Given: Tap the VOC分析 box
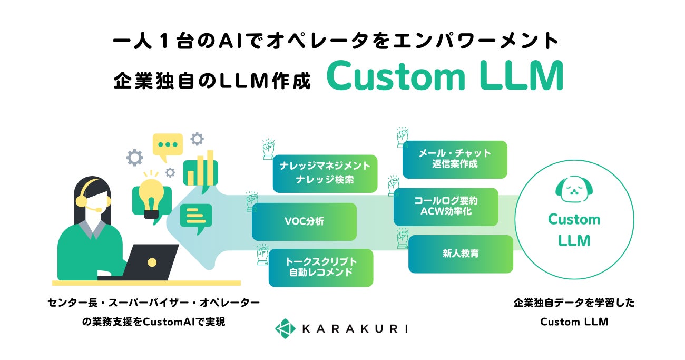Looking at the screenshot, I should tap(304, 221).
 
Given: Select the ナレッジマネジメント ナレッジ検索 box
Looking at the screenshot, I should tap(325, 173).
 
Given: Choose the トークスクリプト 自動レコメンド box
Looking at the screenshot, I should tap(320, 267).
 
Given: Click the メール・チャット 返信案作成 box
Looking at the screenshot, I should tap(455, 159).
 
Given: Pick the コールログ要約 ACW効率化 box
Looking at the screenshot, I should tap(445, 206).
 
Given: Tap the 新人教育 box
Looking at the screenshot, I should tap(461, 254).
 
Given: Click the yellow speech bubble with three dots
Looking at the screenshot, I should tap(168, 145).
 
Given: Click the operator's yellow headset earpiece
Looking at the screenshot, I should tap(82, 201).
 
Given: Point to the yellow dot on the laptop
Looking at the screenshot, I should tap(152, 261).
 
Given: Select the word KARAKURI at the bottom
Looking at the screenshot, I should tap(355, 329).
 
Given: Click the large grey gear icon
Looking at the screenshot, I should tap(135, 157).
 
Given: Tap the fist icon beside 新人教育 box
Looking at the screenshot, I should tap(402, 240).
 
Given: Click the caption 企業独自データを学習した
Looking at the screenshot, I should tap(574, 303).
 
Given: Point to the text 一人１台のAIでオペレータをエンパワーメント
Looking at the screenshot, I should tap(336, 42).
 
